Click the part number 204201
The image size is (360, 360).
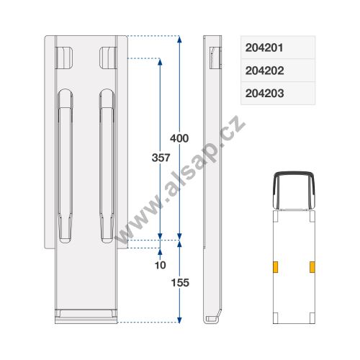264,48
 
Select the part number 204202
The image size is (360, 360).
264,71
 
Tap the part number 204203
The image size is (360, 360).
264,93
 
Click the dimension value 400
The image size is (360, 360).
179,138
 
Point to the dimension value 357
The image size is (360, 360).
161,158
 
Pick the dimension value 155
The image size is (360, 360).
180,283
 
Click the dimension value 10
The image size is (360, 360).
161,265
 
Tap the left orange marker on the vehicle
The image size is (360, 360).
276,267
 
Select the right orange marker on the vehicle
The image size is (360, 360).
312,267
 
